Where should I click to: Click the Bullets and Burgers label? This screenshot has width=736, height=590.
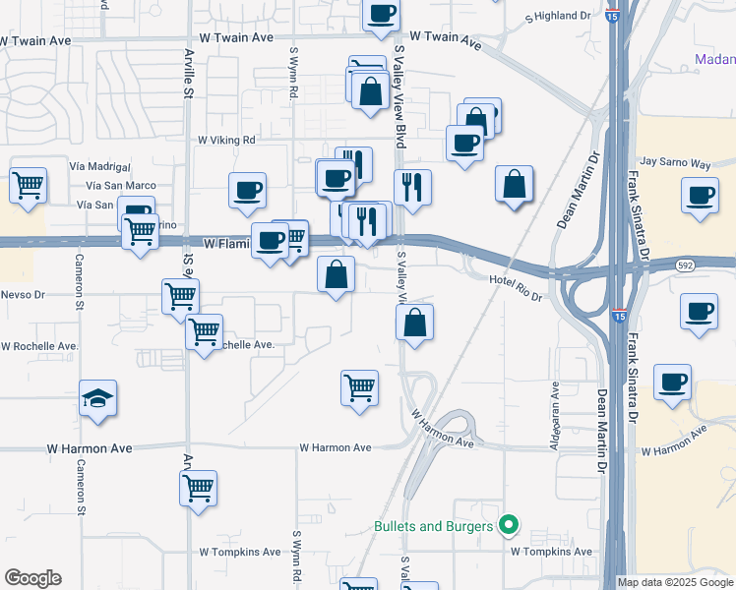433,527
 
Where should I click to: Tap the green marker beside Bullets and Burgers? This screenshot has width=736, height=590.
509,526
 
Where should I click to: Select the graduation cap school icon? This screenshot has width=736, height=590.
97,398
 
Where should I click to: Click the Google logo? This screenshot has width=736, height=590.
32,578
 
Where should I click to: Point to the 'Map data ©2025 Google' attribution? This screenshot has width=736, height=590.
676,582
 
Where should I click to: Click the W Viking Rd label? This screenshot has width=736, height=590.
226,140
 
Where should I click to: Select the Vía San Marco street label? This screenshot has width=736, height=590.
121,186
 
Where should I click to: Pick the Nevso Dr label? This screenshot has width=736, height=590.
23,294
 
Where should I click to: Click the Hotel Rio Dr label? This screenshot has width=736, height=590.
516,282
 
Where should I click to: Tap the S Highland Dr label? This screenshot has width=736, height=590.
557,17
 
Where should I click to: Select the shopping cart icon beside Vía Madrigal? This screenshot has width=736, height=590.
29,184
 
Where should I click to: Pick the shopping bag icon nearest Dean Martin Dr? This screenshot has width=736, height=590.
516,184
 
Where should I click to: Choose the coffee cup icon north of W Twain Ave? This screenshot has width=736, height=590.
381,14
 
